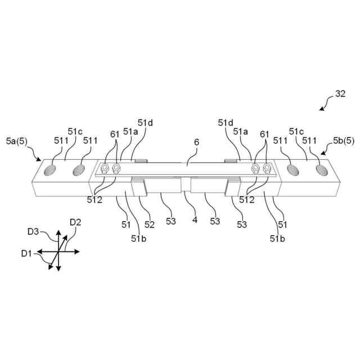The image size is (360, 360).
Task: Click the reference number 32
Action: click(x=340, y=94)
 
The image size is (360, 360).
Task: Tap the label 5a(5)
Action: click(x=16, y=139)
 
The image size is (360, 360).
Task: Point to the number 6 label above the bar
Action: click(x=196, y=143)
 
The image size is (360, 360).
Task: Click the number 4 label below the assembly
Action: click(x=195, y=220)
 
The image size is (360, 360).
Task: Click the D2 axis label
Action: click(x=75, y=223)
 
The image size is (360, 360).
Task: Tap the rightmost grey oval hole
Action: click(x=322, y=169)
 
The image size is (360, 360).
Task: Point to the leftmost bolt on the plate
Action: click(x=105, y=168)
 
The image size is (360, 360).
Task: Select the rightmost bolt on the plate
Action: click(x=267, y=168)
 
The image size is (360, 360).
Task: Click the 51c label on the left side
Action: click(x=75, y=131)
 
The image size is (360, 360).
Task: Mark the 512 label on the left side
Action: click(x=94, y=199)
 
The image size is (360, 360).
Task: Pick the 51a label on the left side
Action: click(x=130, y=131)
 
